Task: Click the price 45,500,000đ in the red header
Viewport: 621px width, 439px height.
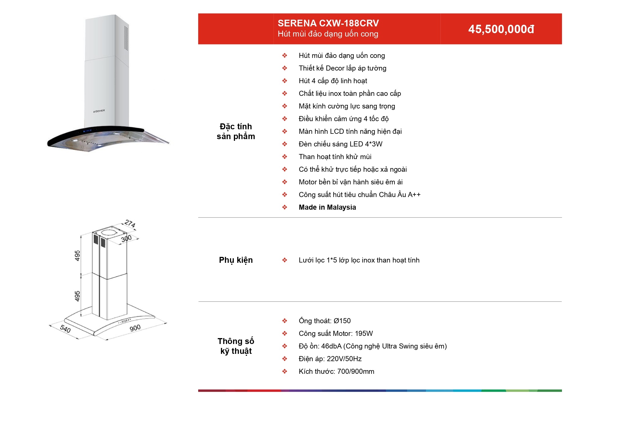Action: tap(501, 29)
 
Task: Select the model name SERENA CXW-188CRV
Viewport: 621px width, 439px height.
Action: tap(328, 23)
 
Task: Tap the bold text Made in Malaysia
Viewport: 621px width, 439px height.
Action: tap(327, 207)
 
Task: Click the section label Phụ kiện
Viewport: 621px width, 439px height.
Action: tap(236, 260)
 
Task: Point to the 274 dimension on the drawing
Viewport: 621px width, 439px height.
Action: tap(130, 224)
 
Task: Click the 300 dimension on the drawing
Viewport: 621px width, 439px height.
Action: tap(127, 239)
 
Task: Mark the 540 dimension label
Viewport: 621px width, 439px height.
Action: tap(65, 329)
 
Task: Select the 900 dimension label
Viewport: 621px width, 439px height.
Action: tap(135, 328)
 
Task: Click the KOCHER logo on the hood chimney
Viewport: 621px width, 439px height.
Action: tap(99, 111)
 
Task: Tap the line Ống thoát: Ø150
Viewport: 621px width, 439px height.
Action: tap(325, 321)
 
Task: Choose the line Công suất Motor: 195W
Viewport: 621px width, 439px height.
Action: tap(336, 334)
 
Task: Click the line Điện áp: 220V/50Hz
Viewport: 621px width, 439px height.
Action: tap(330, 359)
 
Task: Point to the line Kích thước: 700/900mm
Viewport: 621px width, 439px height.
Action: tap(337, 372)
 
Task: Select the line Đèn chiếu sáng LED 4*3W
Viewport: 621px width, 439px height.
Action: tap(340, 144)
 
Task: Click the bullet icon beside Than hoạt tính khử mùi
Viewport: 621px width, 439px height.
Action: tap(285, 157)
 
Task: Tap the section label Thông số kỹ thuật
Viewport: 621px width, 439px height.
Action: tap(236, 346)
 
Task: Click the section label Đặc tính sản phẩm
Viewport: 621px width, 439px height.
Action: tap(236, 131)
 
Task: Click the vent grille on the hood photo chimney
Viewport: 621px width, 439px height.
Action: tap(126, 38)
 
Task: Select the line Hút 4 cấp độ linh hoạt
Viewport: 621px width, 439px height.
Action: tap(333, 81)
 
